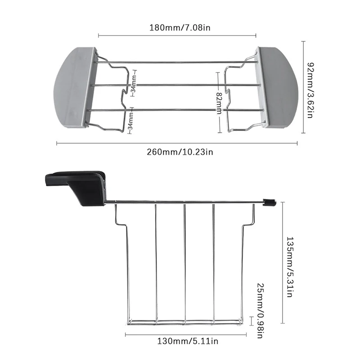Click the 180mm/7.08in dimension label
pos(180,28)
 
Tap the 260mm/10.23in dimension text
pos(180,152)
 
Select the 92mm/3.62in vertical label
pos(310,90)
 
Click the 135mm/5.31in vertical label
pos(289,267)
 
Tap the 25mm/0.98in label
pos(260,310)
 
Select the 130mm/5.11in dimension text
pos(188,341)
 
